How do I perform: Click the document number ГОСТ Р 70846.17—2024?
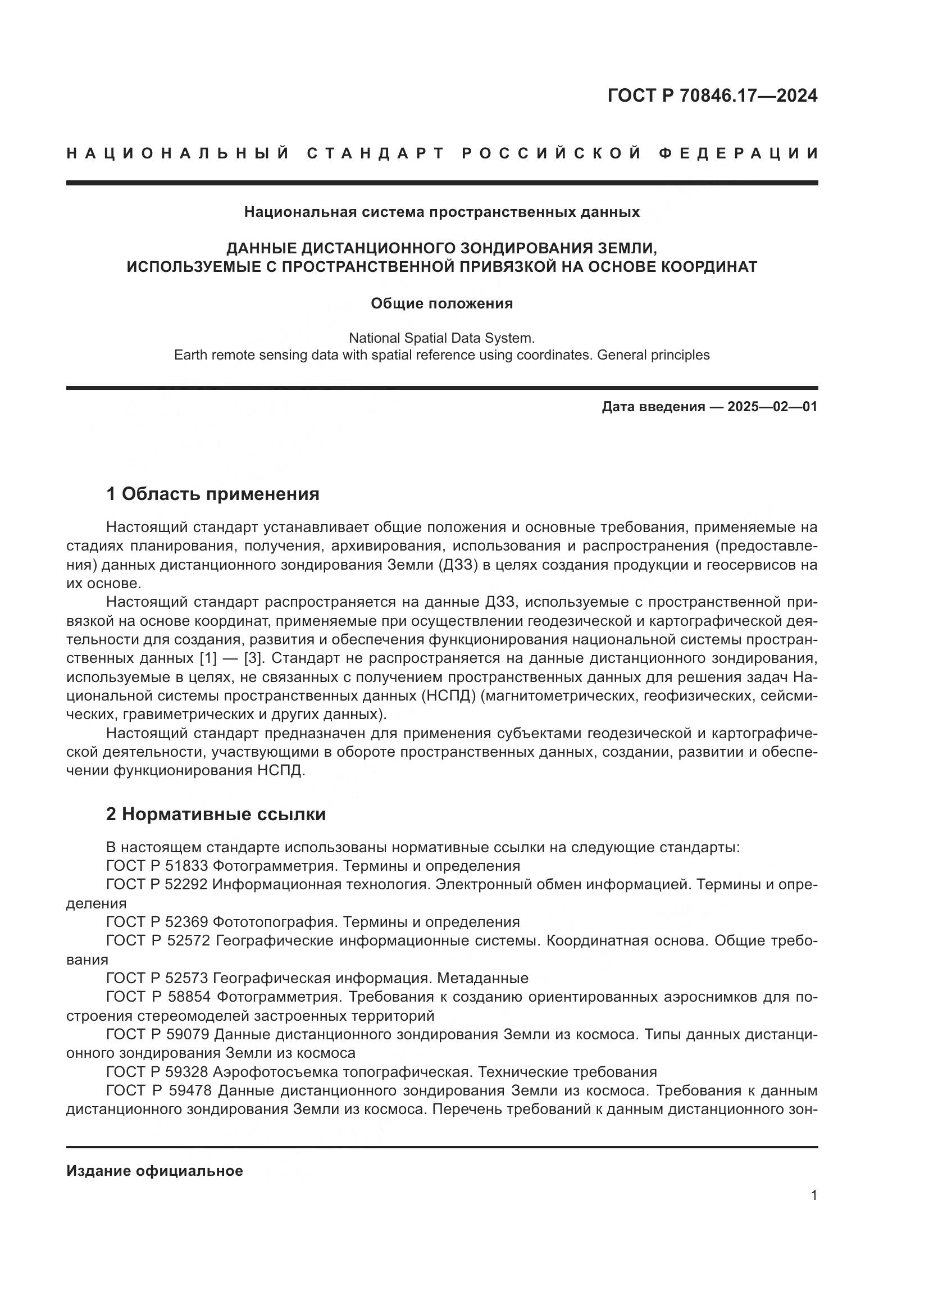(712, 96)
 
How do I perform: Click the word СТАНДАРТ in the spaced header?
(376, 153)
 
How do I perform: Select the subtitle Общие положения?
(441, 303)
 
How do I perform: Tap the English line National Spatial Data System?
(441, 338)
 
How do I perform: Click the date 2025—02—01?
(772, 407)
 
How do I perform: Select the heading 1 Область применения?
(213, 493)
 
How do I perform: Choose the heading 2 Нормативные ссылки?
(216, 814)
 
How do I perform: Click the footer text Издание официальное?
(154, 1171)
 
